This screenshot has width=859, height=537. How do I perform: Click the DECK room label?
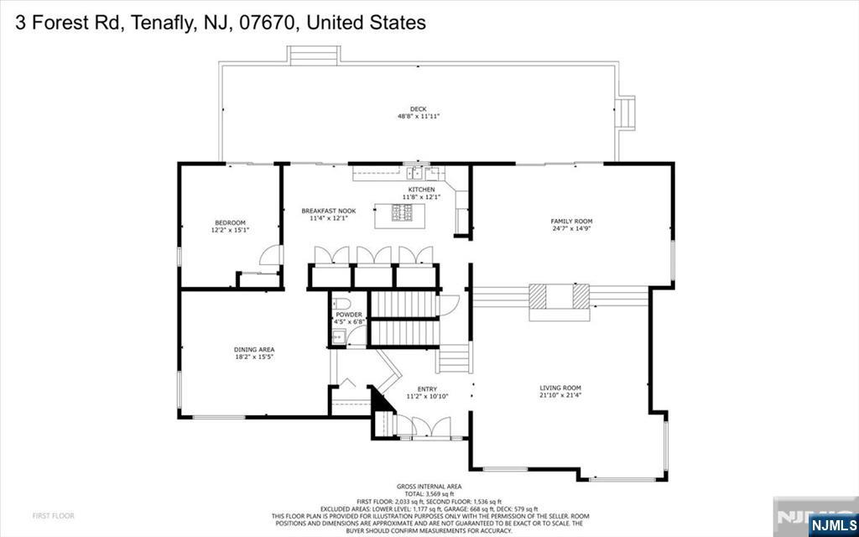click(x=418, y=109)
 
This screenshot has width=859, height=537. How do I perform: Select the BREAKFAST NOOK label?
click(x=328, y=211)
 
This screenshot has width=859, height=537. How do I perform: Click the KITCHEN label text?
click(x=421, y=190)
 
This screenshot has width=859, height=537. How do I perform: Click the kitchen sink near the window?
click(x=414, y=174)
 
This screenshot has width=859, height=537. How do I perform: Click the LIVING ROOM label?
click(x=560, y=388)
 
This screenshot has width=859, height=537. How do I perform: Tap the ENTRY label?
click(x=427, y=388)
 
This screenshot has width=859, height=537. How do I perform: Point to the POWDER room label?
click(x=348, y=315)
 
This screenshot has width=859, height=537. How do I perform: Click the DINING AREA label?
click(x=254, y=349)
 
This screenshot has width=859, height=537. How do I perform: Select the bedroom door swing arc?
click(x=267, y=254)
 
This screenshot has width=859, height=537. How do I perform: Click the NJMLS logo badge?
click(x=831, y=525)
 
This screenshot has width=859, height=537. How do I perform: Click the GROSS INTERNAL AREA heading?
click(x=429, y=487)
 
